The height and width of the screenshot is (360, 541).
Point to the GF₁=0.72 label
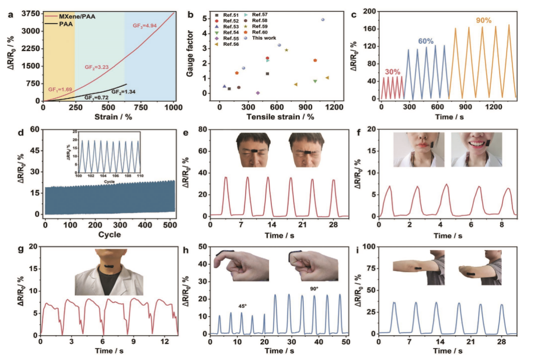[96, 97]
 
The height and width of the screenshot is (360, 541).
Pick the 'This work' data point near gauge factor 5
[323, 20]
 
